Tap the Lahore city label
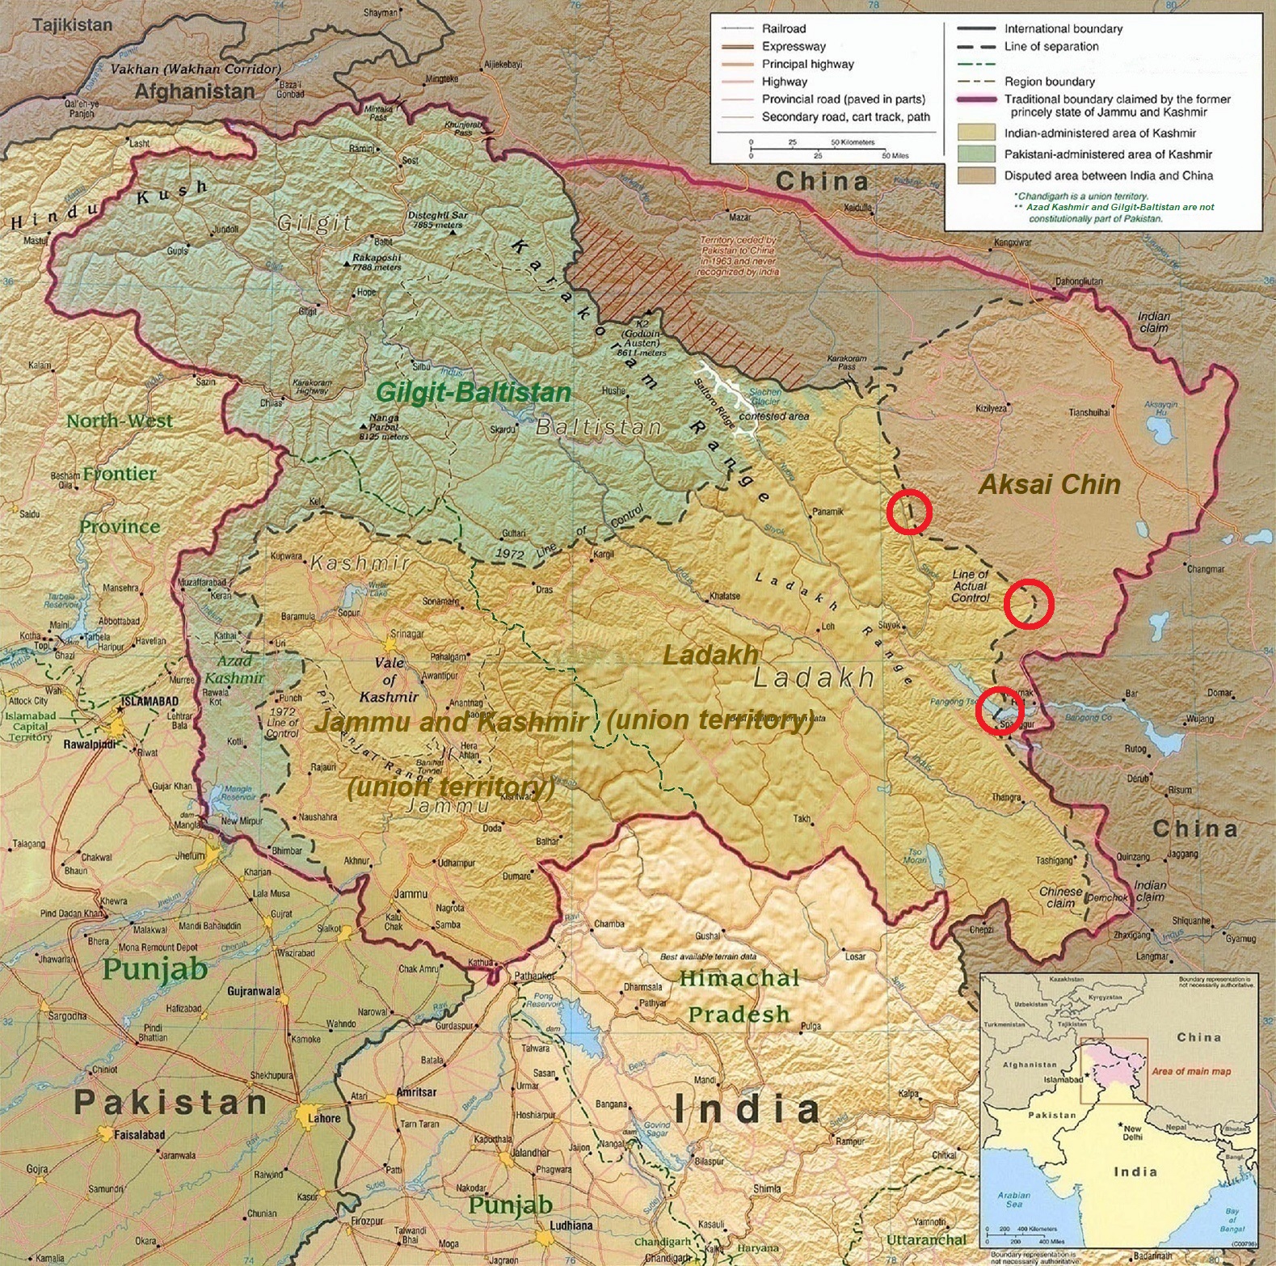tap(324, 1118)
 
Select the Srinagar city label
tap(406, 635)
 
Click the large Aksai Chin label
tap(1049, 484)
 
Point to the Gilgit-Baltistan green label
tap(474, 393)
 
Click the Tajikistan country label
tap(72, 25)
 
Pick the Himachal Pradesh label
tap(738, 996)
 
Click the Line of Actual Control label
tap(970, 585)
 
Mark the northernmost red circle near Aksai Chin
tap(909, 512)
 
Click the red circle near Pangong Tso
tap(1000, 710)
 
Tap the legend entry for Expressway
tap(794, 46)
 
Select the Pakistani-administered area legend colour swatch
tap(975, 154)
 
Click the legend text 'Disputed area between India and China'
tap(1108, 175)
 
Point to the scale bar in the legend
tap(818, 149)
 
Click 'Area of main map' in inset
tap(1190, 1071)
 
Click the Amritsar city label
tap(416, 1092)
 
